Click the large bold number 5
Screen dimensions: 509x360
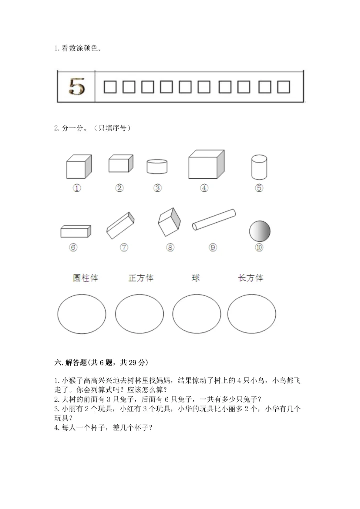76,87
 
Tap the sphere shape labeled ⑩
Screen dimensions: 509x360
259,231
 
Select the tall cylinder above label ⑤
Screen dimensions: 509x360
259,167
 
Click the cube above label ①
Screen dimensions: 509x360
79,167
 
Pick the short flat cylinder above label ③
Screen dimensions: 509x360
157,166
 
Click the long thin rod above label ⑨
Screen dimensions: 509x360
214,220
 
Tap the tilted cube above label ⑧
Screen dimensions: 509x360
169,222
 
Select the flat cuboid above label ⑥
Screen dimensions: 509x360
76,231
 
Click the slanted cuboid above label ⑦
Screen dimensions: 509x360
121,225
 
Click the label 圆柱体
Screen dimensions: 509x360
85,278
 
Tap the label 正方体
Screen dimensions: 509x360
141,278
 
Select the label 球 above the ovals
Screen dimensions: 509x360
196,278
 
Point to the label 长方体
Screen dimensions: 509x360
251,278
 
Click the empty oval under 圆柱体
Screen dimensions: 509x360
82,314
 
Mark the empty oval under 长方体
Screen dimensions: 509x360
251,314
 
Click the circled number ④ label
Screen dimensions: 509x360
204,188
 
